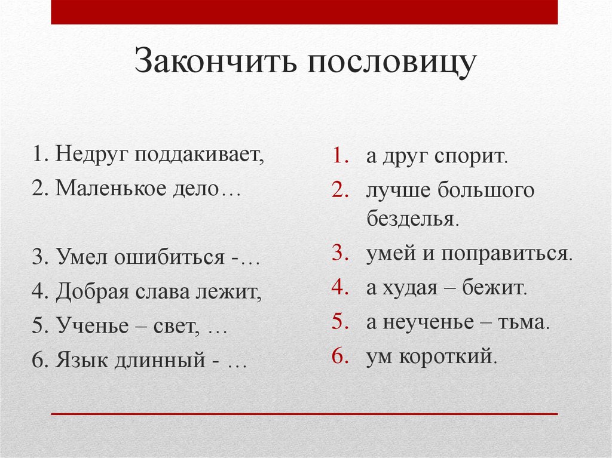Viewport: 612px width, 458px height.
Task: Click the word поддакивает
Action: click(199, 155)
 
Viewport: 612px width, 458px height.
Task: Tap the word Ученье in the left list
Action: click(92, 326)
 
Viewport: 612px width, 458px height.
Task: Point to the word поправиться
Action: click(507, 254)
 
